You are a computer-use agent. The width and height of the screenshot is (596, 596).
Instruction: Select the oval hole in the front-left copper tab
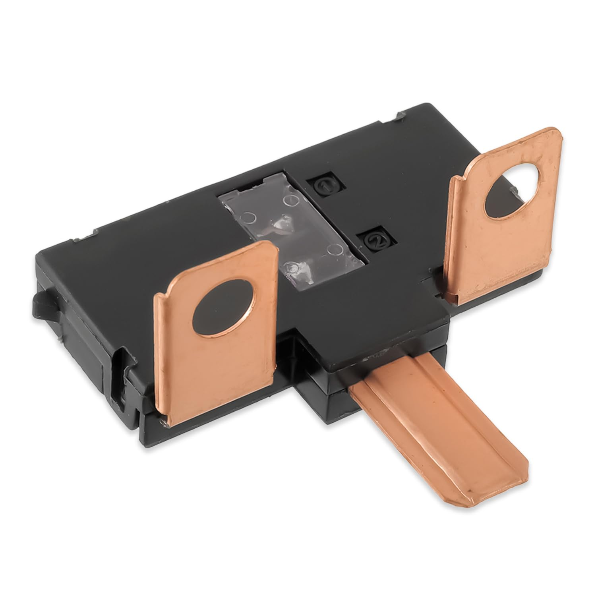224,308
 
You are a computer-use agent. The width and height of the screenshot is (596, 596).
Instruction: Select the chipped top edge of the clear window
254,184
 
